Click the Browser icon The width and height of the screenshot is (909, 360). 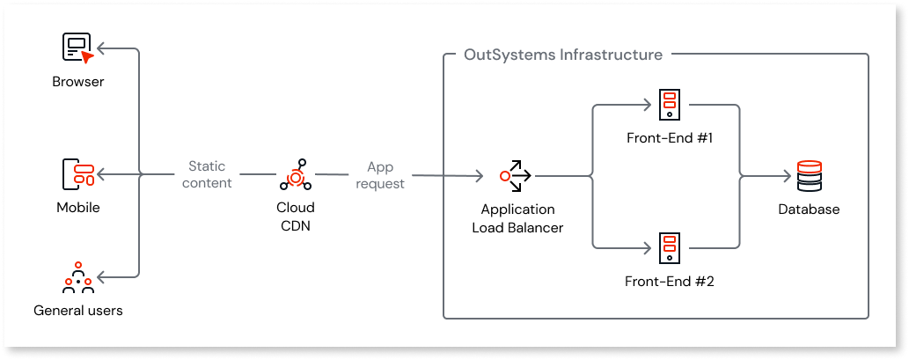pyautogui.click(x=77, y=48)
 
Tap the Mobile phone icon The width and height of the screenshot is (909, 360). pyautogui.click(x=77, y=174)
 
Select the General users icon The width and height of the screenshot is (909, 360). pyautogui.click(x=77, y=277)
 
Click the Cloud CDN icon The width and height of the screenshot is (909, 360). pyautogui.click(x=295, y=175)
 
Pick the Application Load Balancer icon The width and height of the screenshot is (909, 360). pyautogui.click(x=517, y=175)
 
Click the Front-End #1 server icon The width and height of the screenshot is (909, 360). pyautogui.click(x=669, y=105)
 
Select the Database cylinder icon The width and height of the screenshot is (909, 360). pyautogui.click(x=808, y=176)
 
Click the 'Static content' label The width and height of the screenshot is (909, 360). pyautogui.click(x=211, y=174)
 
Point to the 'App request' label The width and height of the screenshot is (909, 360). pyautogui.click(x=381, y=174)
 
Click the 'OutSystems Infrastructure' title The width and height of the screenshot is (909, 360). pyautogui.click(x=563, y=55)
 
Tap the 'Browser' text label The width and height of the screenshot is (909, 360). pyautogui.click(x=77, y=82)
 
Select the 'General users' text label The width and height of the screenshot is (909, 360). pyautogui.click(x=77, y=310)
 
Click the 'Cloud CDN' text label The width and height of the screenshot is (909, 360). pyautogui.click(x=295, y=216)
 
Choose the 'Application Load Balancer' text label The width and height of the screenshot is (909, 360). pyautogui.click(x=517, y=218)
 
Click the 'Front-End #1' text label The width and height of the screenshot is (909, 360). pyautogui.click(x=669, y=137)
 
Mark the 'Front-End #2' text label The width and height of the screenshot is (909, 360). pyautogui.click(x=669, y=282)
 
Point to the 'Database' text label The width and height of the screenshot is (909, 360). pyautogui.click(x=808, y=209)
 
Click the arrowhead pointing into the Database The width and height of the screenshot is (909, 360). pyautogui.click(x=787, y=176)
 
